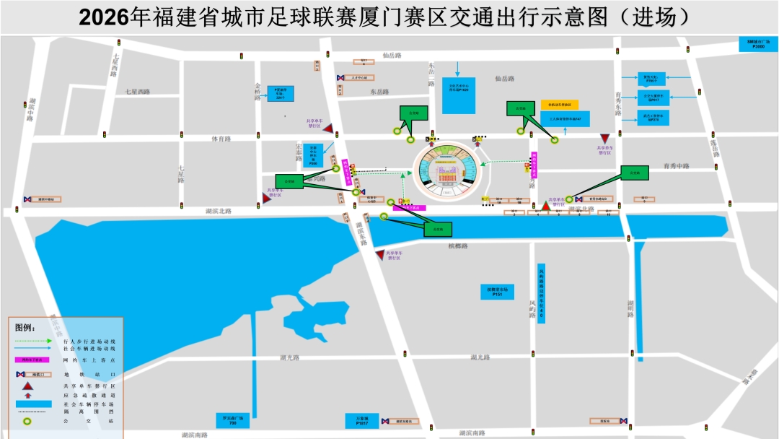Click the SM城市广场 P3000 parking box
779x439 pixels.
pos(758,44)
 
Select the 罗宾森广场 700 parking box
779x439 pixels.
pos(232,420)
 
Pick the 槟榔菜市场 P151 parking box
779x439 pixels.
pos(497,292)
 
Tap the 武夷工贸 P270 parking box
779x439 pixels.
pos(653,117)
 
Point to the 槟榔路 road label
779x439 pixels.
pos(458,246)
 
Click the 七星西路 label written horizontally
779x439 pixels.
pos(137,92)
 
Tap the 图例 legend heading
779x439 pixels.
pos(25,327)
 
